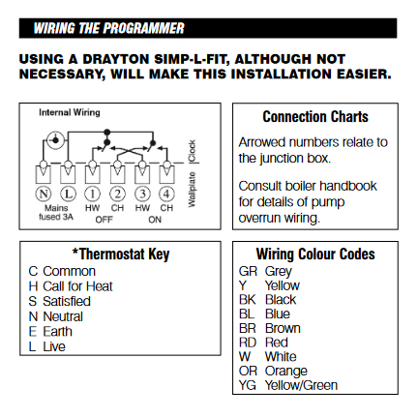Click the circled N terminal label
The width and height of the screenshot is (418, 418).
44,194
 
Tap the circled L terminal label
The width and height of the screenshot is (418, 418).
68,194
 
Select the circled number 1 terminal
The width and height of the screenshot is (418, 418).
93,194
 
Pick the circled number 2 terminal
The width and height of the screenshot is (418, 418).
117,194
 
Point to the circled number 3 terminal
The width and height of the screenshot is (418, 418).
142,194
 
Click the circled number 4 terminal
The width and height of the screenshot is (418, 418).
166,194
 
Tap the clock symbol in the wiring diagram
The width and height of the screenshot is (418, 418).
55,140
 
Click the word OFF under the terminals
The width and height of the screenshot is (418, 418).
104,220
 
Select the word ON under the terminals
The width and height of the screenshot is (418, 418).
155,220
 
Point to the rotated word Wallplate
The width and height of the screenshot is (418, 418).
192,190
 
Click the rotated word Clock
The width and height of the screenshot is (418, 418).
192,151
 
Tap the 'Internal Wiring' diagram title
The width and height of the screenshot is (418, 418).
70,112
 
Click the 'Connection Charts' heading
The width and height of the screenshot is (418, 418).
315,117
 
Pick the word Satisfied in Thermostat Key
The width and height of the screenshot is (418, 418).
67,301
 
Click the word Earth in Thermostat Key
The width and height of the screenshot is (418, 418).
57,332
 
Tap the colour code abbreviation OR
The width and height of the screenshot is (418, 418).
248,372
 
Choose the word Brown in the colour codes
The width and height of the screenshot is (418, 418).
283,328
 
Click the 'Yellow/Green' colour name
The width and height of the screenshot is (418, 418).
301,385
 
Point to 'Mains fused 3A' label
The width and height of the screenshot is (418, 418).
56,212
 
